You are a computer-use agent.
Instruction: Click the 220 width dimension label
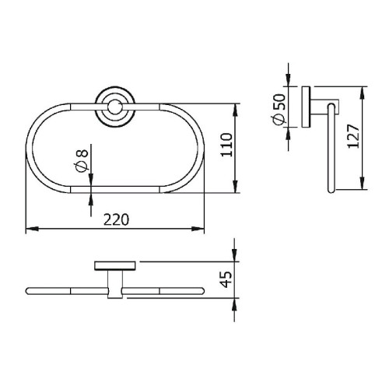116,219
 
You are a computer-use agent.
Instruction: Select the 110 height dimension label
226,145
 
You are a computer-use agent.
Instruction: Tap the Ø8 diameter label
82,161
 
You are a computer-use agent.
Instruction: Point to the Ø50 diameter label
279,110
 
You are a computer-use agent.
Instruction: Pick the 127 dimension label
353,136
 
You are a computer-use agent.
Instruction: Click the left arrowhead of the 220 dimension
32,229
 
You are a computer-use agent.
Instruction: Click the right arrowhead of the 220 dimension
198,229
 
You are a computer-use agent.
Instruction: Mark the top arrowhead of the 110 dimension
235,110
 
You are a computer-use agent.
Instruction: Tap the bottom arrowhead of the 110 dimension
235,187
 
